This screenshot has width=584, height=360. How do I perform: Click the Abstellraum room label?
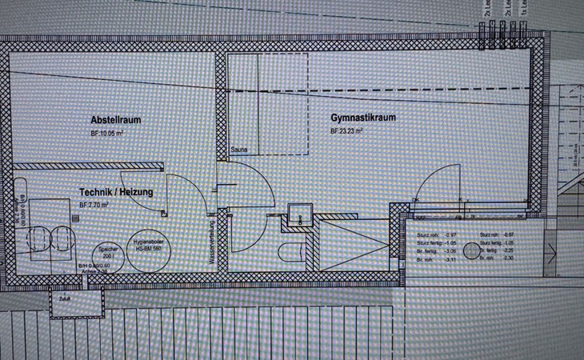(116, 120)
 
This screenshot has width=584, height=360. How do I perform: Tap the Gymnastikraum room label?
(363, 117)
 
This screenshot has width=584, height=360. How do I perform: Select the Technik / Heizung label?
(116, 193)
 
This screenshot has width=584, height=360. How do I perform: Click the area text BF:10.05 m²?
(106, 133)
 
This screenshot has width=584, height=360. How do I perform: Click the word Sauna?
(238, 150)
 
